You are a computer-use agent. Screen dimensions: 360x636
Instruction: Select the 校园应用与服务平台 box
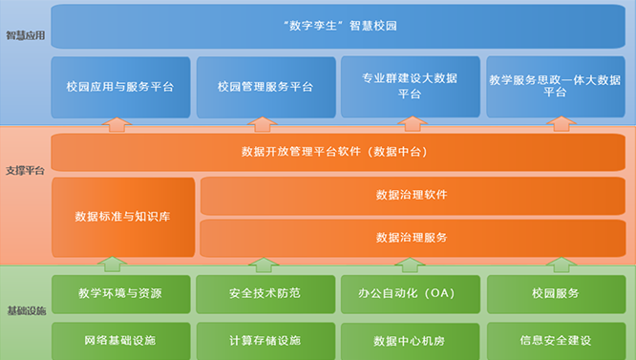120,86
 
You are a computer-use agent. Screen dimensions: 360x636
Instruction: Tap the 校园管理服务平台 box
265,86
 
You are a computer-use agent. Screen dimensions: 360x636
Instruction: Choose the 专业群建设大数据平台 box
410,86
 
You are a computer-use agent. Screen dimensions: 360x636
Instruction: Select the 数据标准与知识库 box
123,217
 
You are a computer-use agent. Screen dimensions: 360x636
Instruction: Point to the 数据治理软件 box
412,195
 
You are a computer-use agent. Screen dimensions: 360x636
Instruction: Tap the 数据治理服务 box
412,237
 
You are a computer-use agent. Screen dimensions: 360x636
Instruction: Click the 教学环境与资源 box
120,292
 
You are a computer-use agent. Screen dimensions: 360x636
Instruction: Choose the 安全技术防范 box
265,292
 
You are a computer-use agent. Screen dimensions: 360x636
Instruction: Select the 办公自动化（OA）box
410,292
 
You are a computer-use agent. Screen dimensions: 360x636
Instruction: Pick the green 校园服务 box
555,292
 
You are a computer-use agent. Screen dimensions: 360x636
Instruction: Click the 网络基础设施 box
120,340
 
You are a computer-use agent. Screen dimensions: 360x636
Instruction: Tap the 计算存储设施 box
265,340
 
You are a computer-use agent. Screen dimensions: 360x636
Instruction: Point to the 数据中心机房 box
410,340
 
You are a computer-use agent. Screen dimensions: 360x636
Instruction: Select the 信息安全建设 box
555,340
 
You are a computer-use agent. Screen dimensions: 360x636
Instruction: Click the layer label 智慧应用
25,35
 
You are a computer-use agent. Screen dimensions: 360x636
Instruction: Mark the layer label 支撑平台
25,171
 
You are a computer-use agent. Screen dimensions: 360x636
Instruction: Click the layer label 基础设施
25,311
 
